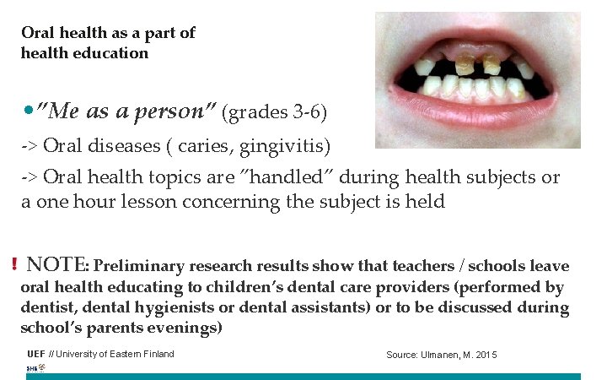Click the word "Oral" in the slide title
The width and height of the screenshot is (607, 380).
(39, 33)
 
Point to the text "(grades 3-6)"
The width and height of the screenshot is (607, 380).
(275, 112)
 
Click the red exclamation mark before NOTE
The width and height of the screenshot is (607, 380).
(15, 265)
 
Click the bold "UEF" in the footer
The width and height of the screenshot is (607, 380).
(36, 354)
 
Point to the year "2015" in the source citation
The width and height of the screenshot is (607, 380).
(486, 355)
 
